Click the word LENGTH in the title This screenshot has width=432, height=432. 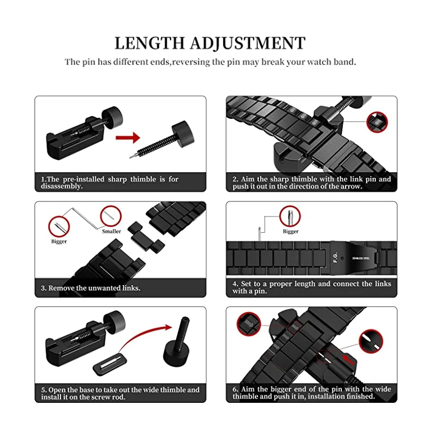[x=147, y=43]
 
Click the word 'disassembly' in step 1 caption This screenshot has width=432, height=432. [x=62, y=186]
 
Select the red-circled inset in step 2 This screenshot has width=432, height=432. [x=376, y=122]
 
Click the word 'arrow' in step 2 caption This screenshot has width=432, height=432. [x=349, y=186]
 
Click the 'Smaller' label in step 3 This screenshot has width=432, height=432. [x=111, y=231]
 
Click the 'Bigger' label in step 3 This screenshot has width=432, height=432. [x=59, y=241]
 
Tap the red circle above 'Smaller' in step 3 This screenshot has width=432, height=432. [x=110, y=216]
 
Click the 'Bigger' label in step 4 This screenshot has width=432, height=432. [x=291, y=232]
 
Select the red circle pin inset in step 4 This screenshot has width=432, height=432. [x=290, y=217]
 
